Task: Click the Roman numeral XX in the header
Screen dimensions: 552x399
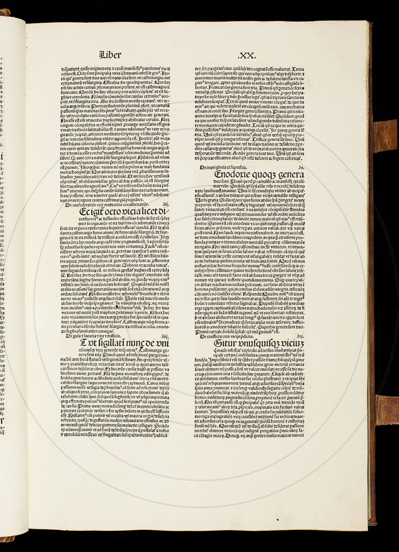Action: [x=247, y=54]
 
